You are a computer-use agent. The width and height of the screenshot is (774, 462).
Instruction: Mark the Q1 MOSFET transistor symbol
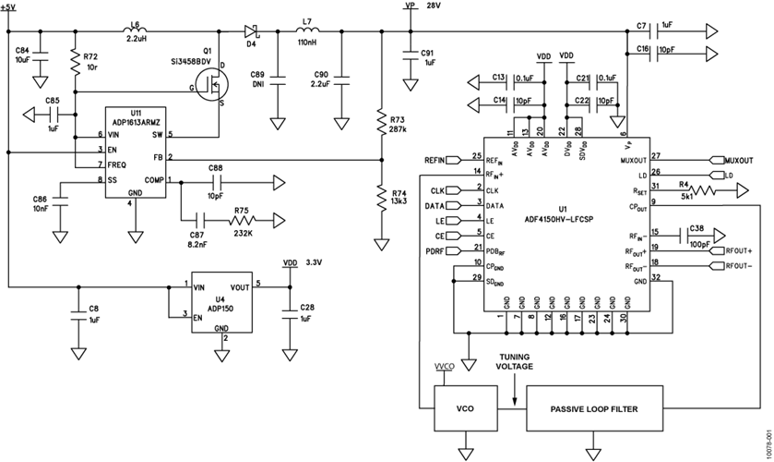point(214,88)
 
